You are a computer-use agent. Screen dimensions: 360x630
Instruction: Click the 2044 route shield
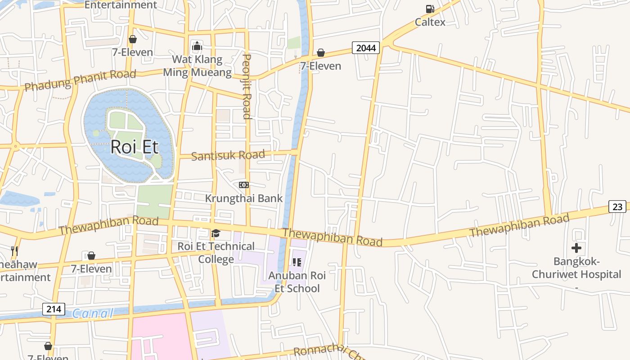pyautogui.click(x=366, y=48)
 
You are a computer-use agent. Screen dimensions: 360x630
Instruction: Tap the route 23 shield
pyautogui.click(x=617, y=207)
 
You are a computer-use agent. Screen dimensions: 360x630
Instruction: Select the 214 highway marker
pyautogui.click(x=54, y=309)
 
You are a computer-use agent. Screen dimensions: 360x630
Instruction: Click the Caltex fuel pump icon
pyautogui.click(x=430, y=9)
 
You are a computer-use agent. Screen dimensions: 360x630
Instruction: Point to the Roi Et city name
pyautogui.click(x=134, y=147)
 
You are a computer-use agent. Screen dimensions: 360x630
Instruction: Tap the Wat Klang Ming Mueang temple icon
pyautogui.click(x=197, y=46)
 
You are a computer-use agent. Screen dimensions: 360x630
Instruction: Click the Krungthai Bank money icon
pyautogui.click(x=243, y=185)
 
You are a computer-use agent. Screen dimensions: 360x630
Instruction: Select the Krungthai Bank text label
pyautogui.click(x=244, y=198)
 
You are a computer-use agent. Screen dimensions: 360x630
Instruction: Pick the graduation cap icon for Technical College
pyautogui.click(x=216, y=233)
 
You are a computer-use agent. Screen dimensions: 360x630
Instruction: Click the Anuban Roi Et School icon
pyautogui.click(x=297, y=262)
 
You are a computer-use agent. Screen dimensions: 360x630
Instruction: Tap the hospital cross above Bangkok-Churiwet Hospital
pyautogui.click(x=576, y=248)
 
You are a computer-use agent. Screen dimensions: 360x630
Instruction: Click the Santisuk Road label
pyautogui.click(x=228, y=156)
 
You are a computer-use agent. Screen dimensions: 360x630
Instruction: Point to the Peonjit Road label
pyautogui.click(x=246, y=86)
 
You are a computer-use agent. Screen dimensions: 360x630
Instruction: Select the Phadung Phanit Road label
pyautogui.click(x=80, y=80)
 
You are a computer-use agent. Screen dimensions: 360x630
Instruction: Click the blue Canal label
pyautogui.click(x=93, y=313)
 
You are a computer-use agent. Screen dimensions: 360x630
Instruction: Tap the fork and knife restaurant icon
pyautogui.click(x=14, y=251)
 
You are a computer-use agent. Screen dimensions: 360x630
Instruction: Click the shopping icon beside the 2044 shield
pyautogui.click(x=321, y=53)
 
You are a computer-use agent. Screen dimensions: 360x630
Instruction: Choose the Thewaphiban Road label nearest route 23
pyautogui.click(x=519, y=226)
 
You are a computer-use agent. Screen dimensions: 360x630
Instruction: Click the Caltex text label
pyautogui.click(x=430, y=22)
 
